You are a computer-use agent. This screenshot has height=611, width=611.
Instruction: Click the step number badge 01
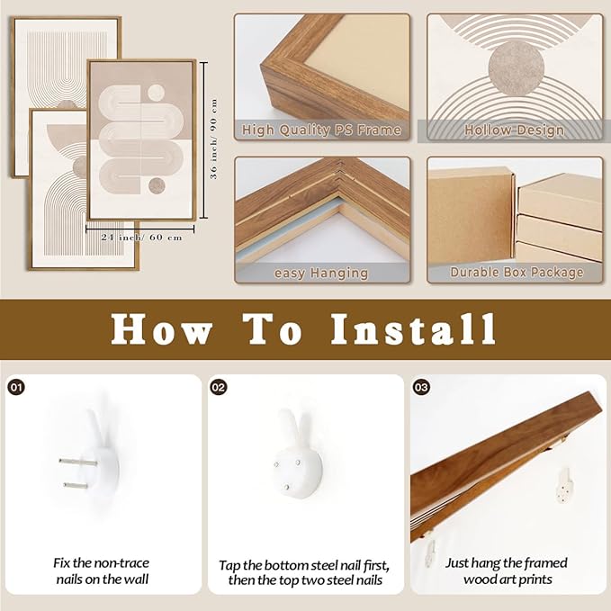(x=16, y=387)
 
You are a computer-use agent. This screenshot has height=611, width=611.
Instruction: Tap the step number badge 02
(x=219, y=387)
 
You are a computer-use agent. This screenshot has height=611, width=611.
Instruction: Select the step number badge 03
(x=421, y=387)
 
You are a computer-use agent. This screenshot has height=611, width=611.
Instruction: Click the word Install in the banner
(x=413, y=329)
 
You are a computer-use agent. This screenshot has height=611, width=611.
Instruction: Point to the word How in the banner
(x=160, y=329)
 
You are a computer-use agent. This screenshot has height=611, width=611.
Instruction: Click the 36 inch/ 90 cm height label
(x=213, y=139)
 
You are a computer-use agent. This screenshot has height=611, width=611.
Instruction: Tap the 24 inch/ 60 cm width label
(x=142, y=238)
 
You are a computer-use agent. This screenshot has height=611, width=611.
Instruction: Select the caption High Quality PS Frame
(x=321, y=130)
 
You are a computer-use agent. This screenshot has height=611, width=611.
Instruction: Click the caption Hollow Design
(x=515, y=130)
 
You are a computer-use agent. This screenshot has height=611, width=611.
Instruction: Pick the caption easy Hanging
(x=321, y=274)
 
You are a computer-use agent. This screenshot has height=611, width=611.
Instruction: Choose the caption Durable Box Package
(x=517, y=272)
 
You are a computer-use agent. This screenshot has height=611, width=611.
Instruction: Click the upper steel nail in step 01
(x=78, y=463)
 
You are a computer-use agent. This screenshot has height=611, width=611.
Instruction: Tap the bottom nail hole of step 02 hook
(x=287, y=486)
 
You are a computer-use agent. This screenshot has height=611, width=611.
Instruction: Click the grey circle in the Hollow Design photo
(x=517, y=68)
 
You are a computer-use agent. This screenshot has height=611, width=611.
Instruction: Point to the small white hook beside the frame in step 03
(x=564, y=485)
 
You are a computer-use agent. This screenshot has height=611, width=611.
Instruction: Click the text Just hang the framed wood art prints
(x=507, y=571)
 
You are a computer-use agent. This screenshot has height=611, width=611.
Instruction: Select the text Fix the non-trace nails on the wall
(x=102, y=571)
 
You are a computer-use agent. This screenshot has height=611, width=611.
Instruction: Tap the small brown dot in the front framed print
(x=157, y=186)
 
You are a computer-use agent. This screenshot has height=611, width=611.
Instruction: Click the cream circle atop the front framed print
(x=157, y=92)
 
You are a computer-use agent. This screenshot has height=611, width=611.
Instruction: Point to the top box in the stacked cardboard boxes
(x=560, y=201)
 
